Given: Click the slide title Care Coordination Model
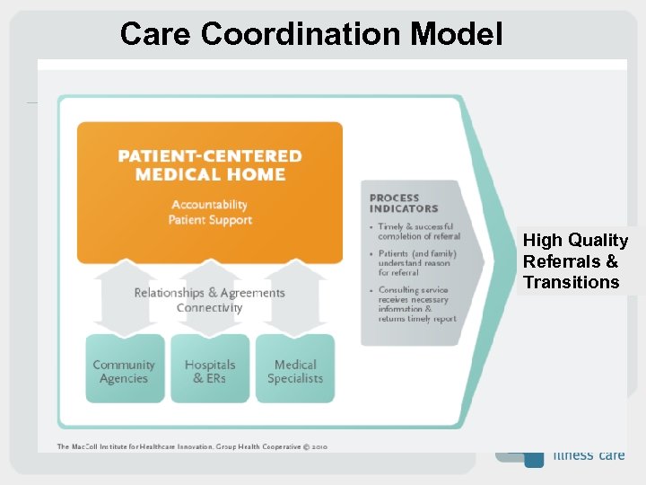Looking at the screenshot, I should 310,33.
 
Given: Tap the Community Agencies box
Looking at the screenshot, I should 124,371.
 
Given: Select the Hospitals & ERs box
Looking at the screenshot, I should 210,371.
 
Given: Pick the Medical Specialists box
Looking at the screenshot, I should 295,371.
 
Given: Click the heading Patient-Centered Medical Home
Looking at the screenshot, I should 210,165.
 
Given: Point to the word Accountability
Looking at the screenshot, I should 210,205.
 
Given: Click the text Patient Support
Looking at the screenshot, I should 210,220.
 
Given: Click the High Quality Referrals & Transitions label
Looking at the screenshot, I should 575,261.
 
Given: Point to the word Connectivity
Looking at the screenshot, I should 210,308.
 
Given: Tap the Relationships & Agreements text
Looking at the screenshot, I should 210,293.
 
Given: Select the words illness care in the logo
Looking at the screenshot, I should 589,454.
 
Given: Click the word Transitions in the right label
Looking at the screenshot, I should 572,282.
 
